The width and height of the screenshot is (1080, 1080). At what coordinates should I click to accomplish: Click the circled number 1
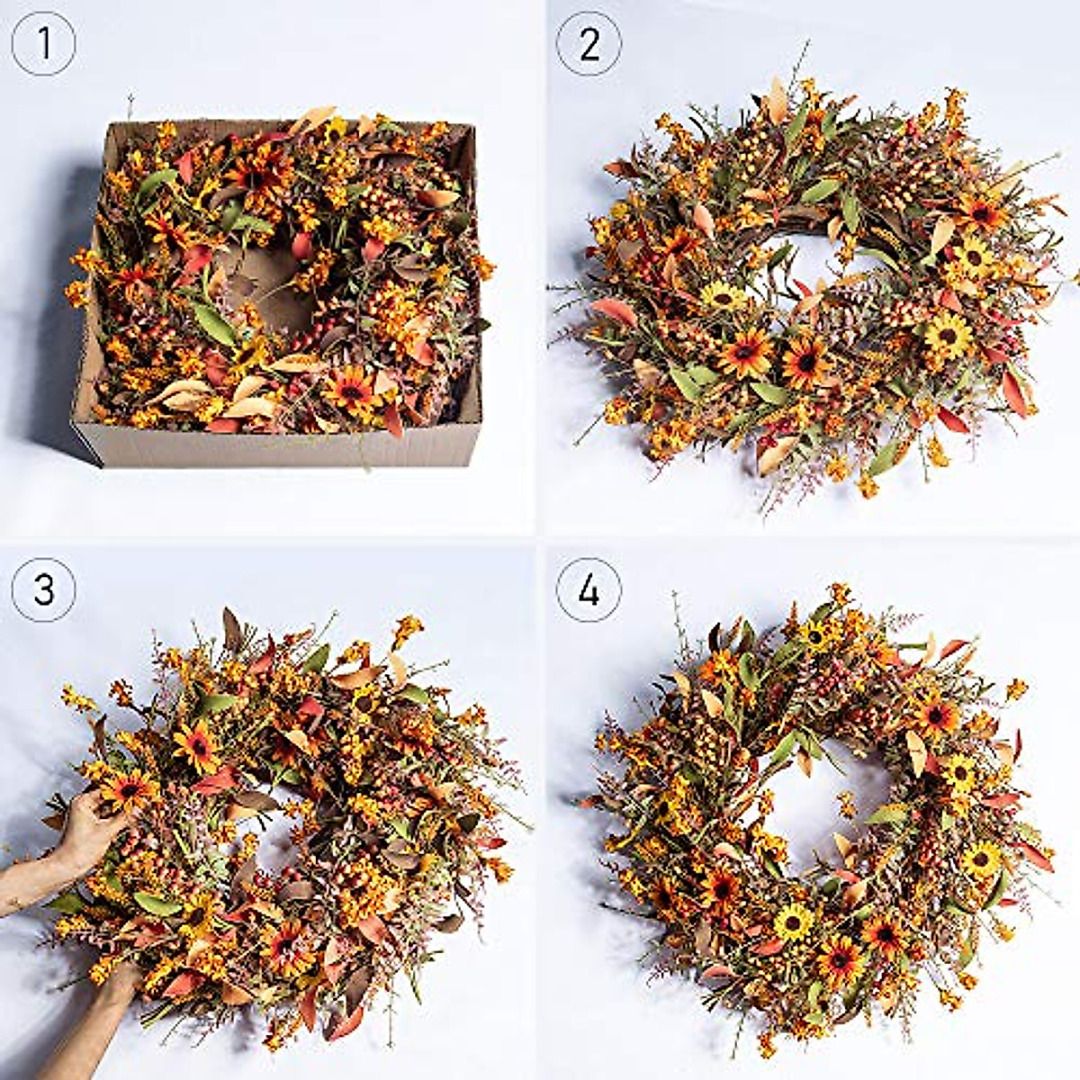tap(42, 42)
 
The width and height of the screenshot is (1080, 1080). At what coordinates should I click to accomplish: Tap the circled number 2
tap(589, 42)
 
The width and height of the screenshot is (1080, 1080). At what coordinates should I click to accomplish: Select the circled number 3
tap(42, 589)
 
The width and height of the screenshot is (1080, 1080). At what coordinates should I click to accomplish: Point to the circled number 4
tap(589, 589)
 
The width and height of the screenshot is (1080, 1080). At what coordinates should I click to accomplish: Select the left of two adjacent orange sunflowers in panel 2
tap(745, 351)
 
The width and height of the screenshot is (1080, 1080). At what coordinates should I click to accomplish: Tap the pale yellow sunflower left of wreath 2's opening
tap(720, 295)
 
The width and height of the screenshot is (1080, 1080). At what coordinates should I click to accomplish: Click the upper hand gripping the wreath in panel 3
tap(85, 828)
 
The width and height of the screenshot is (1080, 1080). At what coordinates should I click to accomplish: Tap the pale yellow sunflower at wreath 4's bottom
tap(793, 922)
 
